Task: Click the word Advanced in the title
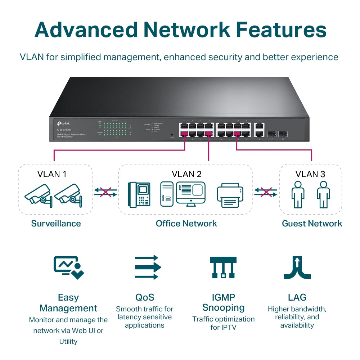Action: [x=86, y=30]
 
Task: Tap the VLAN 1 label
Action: [x=52, y=174]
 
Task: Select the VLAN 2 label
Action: [x=186, y=174]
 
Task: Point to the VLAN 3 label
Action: [x=310, y=174]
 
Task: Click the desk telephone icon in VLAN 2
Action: [x=140, y=194]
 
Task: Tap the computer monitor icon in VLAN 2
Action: [x=190, y=194]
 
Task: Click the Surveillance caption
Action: [x=56, y=224]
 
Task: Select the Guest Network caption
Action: [x=312, y=224]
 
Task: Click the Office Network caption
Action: [x=186, y=224]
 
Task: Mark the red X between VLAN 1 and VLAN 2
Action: [x=105, y=192]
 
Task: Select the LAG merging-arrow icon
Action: [x=297, y=267]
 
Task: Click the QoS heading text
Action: [x=145, y=297]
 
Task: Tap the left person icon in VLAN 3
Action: [x=298, y=194]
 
